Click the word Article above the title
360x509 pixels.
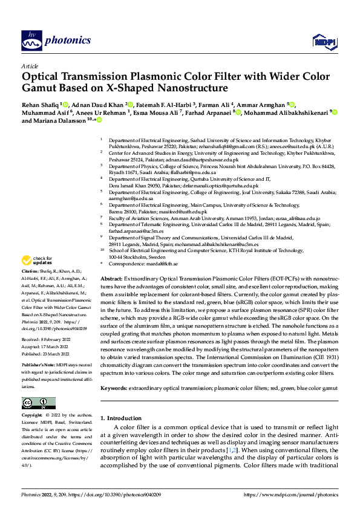[30, 66]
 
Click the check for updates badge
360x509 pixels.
[36, 277]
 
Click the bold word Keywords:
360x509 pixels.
[113, 387]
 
